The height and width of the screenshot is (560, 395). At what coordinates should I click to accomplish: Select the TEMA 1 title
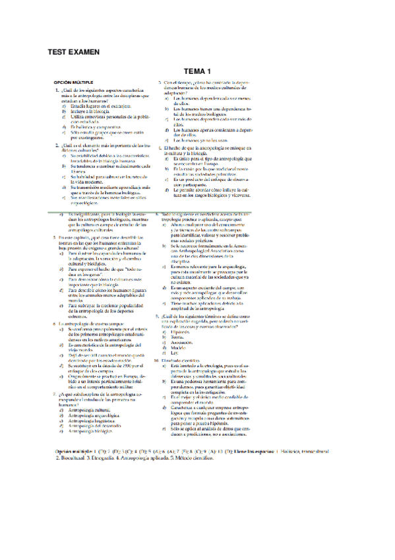(x=197, y=71)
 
